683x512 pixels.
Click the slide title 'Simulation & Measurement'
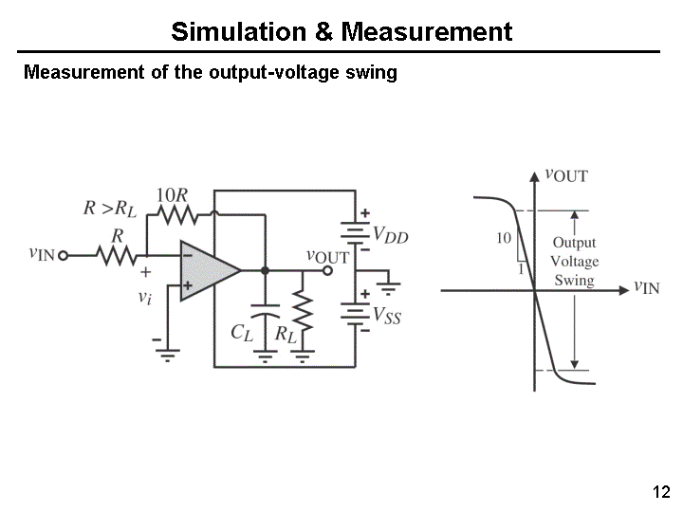341,32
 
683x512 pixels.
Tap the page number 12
661,492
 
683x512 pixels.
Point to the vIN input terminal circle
65,254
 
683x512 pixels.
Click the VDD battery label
391,233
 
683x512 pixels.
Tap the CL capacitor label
243,332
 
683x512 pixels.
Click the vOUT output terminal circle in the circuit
328,270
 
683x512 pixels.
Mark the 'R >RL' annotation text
110,209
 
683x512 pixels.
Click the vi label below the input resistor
144,297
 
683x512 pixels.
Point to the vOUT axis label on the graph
566,174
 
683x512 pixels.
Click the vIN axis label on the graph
646,285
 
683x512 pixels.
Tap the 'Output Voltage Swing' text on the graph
574,262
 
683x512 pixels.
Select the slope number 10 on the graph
504,238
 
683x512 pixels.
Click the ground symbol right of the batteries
390,282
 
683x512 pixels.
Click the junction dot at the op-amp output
265,270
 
